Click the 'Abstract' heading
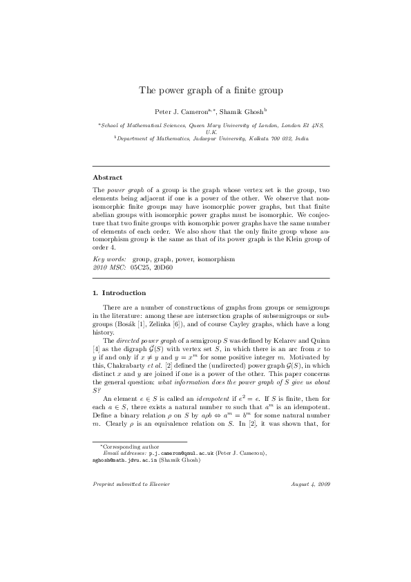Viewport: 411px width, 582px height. click(107, 178)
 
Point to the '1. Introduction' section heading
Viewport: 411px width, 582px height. click(120, 292)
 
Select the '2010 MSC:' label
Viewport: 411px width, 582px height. click(108, 265)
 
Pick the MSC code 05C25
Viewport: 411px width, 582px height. click(142, 265)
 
